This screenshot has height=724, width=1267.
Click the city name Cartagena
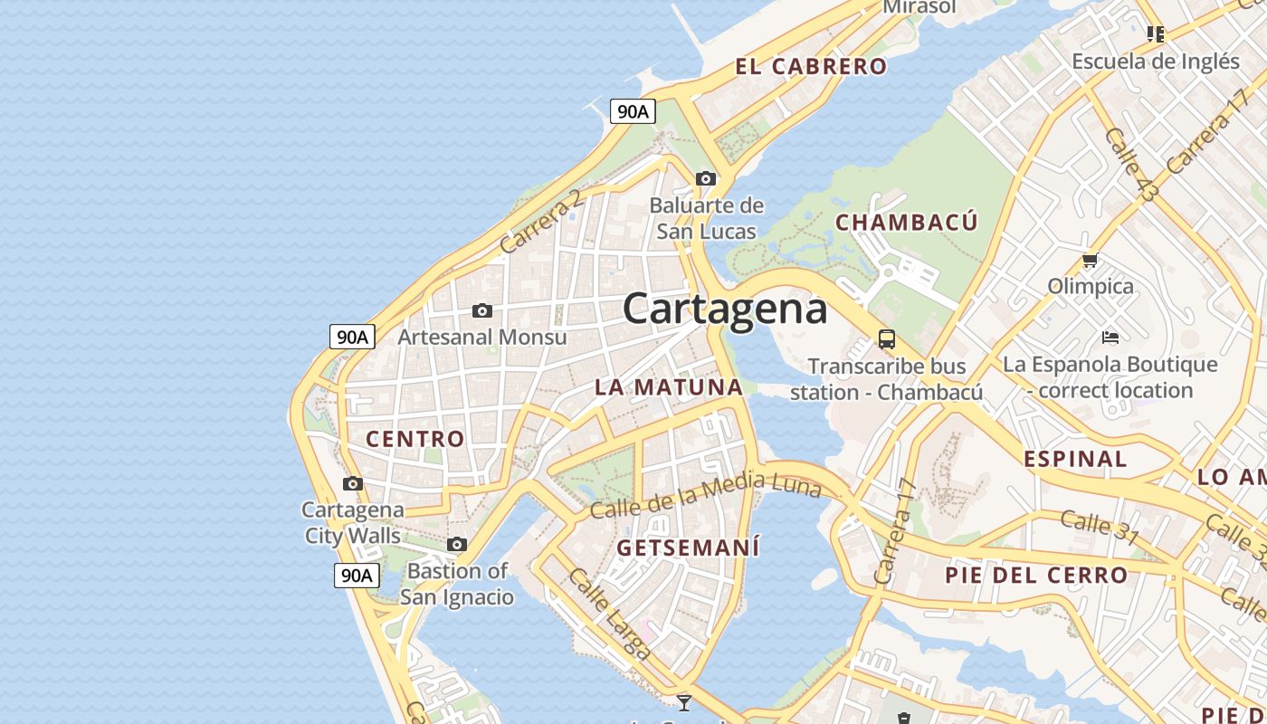(x=725, y=309)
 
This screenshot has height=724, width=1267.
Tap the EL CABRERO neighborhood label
(x=811, y=66)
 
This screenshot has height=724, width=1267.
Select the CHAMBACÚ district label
(x=907, y=223)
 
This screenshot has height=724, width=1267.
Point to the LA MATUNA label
(x=668, y=387)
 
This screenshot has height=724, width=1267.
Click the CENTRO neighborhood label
(x=415, y=439)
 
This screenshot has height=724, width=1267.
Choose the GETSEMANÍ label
(x=688, y=548)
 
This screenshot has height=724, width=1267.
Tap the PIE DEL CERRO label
(x=1036, y=575)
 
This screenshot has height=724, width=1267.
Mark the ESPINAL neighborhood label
(x=1075, y=459)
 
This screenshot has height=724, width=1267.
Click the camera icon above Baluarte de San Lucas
(x=706, y=178)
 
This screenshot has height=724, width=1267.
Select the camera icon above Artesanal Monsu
(x=482, y=310)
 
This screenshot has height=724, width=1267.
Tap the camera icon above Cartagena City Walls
(x=353, y=483)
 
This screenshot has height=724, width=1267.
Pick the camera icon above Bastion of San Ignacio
(x=457, y=544)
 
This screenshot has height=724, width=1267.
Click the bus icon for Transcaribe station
(x=887, y=339)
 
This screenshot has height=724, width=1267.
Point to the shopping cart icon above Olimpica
(x=1091, y=261)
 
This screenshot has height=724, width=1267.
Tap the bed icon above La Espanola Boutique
(x=1110, y=338)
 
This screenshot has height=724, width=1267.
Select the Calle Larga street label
(x=610, y=614)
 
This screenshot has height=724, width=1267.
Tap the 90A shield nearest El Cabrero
(x=633, y=111)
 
